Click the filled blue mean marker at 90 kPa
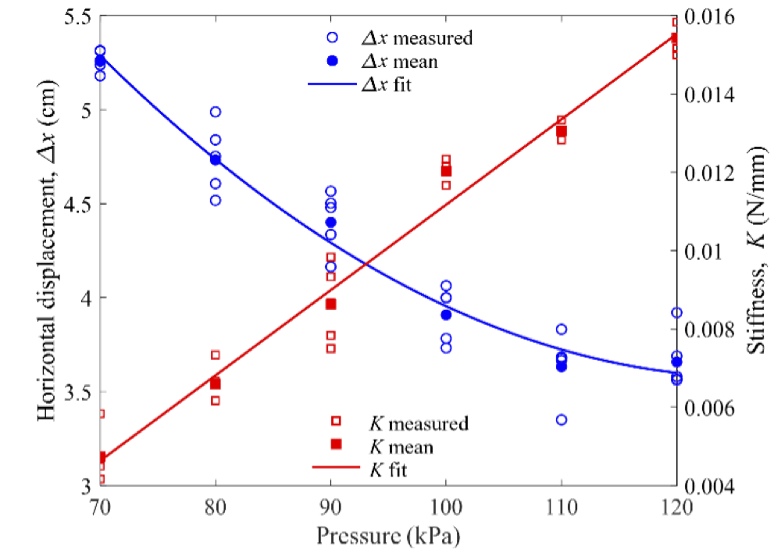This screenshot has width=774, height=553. click(x=330, y=223)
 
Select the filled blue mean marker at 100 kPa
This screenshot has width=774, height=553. click(x=446, y=315)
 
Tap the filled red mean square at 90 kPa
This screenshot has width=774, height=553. click(x=330, y=304)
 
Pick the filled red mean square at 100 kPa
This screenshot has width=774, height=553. click(x=446, y=171)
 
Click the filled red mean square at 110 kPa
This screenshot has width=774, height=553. click(x=562, y=131)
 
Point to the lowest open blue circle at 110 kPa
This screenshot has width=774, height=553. click(x=562, y=419)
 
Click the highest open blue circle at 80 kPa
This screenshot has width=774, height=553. click(x=216, y=112)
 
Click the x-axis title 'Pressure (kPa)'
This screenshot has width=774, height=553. click(x=388, y=537)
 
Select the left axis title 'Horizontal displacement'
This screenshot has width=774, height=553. click(x=47, y=250)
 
